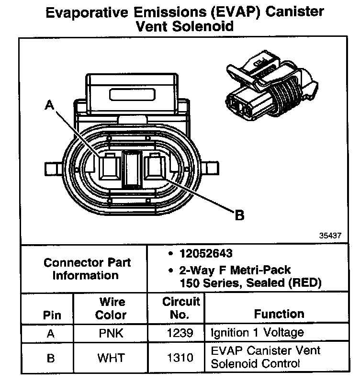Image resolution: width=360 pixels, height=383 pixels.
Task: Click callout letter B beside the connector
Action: [239, 215]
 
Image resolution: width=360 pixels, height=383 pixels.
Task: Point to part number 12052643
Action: [206, 254]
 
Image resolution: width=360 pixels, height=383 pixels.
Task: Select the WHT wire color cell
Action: [110, 357]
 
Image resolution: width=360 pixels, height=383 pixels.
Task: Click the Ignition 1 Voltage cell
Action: [257, 333]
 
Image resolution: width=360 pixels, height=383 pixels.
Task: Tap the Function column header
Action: [279, 314]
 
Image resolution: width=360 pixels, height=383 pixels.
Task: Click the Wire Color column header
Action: [111, 309]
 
